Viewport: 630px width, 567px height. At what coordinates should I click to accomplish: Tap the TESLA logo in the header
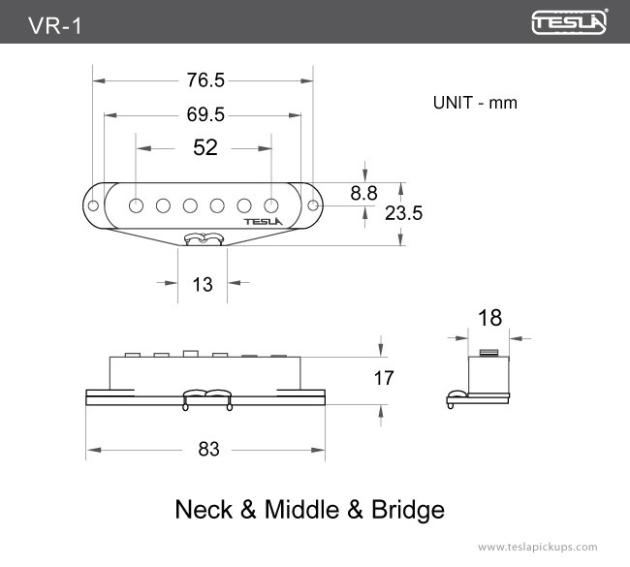click(x=569, y=22)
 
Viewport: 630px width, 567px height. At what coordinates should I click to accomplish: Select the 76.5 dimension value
click(x=205, y=80)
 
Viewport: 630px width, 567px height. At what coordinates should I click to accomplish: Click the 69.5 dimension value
click(x=205, y=115)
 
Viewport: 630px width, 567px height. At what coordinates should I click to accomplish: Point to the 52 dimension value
click(x=205, y=148)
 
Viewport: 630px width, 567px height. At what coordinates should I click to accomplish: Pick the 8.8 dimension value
click(x=363, y=193)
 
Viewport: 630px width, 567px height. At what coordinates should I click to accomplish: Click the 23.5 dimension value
click(x=404, y=213)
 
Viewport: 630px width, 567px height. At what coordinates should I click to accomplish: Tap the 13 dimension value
click(x=203, y=284)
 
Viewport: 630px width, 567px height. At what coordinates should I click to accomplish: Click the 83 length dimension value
click(x=208, y=450)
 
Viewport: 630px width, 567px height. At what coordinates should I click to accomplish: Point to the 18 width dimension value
click(x=489, y=317)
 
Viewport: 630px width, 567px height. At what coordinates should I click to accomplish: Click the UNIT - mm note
click(x=475, y=102)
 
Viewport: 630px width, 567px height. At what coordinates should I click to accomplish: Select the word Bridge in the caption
click(x=408, y=509)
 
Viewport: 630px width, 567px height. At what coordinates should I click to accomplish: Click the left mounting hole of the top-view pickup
click(x=94, y=205)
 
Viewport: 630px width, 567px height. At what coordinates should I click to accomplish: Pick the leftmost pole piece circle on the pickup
click(x=137, y=205)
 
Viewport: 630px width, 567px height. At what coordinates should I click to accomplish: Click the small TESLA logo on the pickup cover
click(x=261, y=221)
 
